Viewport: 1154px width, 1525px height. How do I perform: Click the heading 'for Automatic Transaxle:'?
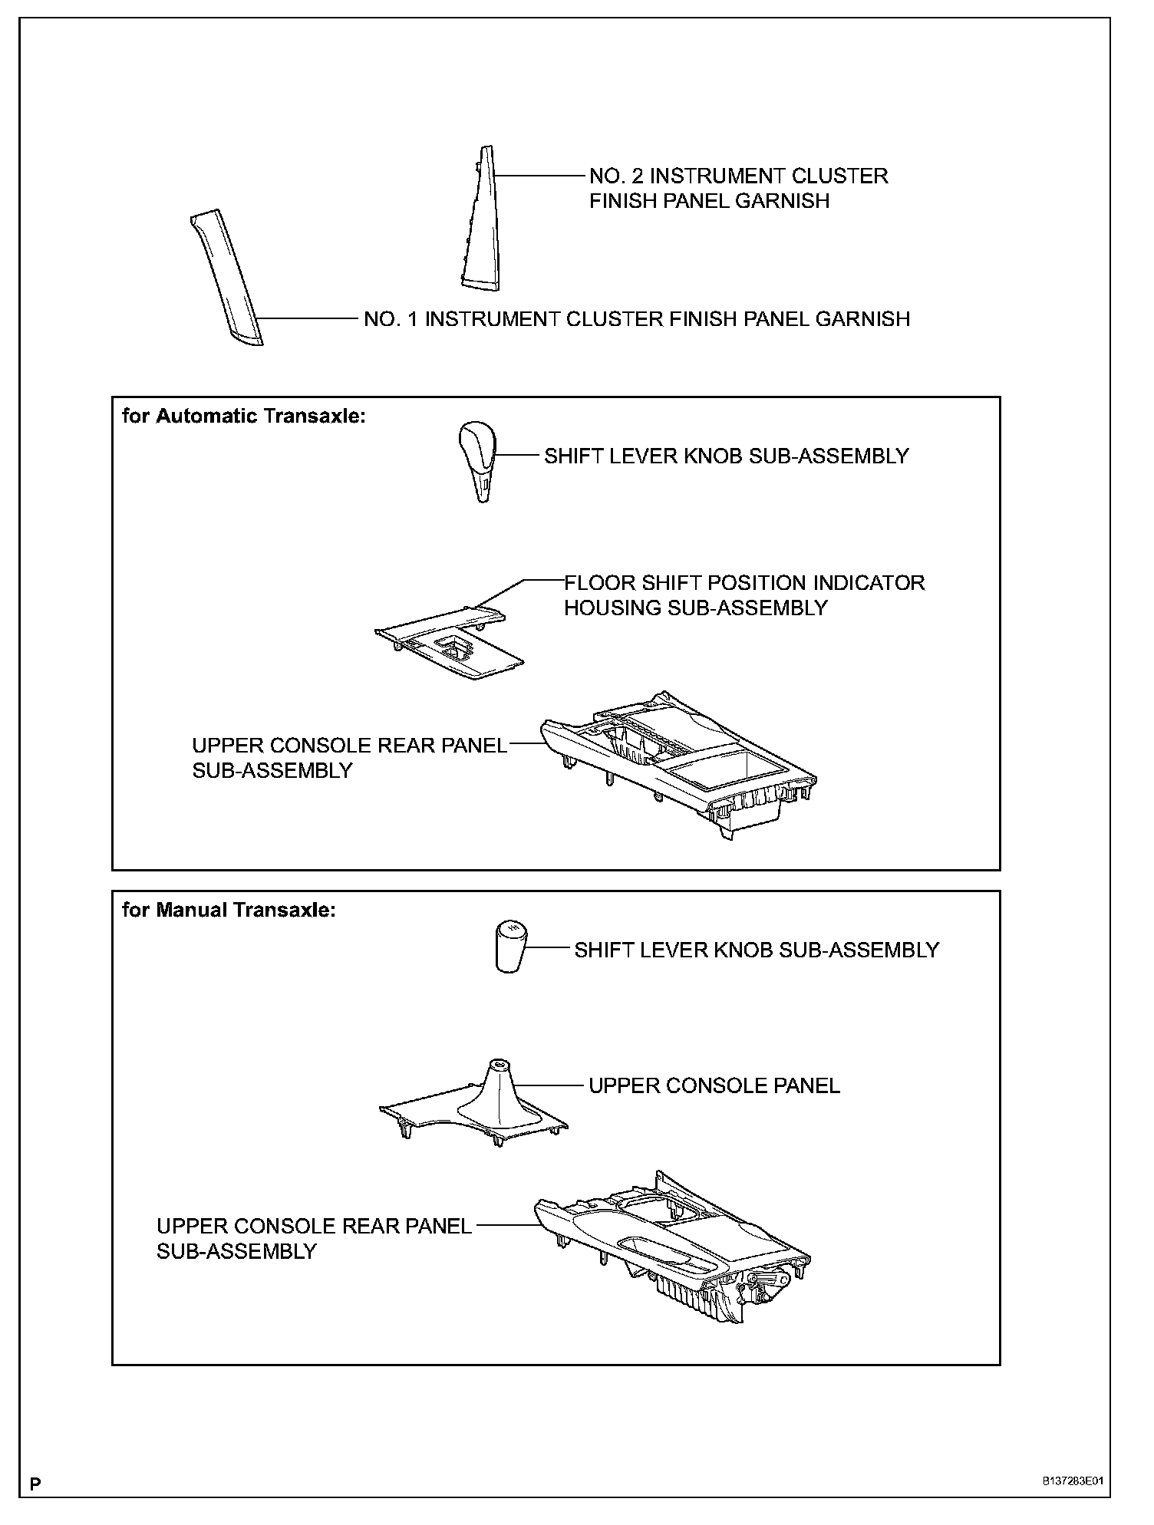click(244, 417)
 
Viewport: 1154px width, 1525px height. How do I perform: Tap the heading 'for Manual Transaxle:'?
click(229, 911)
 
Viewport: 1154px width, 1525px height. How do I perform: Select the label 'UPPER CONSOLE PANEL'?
click(714, 1085)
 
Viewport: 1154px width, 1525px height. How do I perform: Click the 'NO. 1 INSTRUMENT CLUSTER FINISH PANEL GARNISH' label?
click(636, 319)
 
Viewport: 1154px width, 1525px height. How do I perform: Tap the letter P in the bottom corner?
click(35, 1484)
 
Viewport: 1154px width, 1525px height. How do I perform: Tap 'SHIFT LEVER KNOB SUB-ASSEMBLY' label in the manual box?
click(756, 950)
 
